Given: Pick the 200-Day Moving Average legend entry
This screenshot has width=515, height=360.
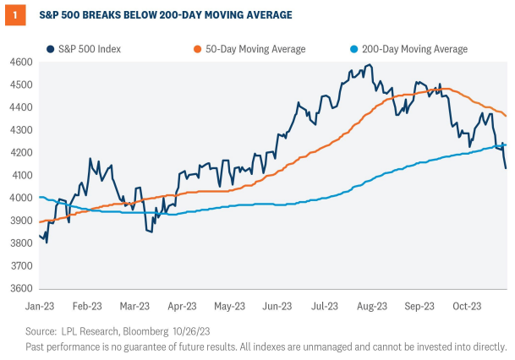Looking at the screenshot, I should [x=410, y=49].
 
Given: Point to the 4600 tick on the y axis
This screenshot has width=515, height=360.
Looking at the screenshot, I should [x=21, y=63].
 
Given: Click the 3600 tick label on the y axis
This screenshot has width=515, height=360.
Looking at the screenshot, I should [x=21, y=288].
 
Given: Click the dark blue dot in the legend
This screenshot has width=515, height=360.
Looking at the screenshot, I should [x=52, y=49].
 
